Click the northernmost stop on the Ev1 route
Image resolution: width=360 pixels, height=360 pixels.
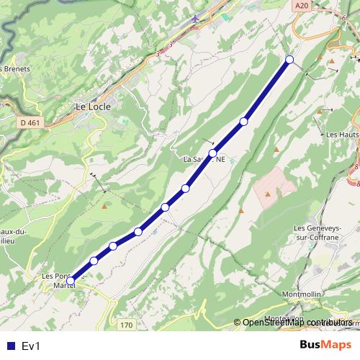pyautogui.click(x=289, y=59)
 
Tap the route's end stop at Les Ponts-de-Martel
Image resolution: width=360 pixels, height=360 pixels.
pyautogui.click(x=70, y=282)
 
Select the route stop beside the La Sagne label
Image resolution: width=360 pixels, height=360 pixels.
pyautogui.click(x=213, y=153)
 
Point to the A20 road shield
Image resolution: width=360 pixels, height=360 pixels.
pyautogui.click(x=302, y=5)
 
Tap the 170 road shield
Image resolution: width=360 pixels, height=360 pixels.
pyautogui.click(x=127, y=325)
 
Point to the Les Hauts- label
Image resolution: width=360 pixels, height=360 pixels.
pyautogui.click(x=342, y=135)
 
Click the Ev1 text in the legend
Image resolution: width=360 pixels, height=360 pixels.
pyautogui.click(x=31, y=346)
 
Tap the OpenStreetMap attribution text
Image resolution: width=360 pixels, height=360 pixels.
pyautogui.click(x=295, y=323)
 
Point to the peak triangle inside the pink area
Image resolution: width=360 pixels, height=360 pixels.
pyautogui.click(x=268, y=193)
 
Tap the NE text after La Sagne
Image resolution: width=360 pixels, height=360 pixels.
pyautogui.click(x=220, y=159)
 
